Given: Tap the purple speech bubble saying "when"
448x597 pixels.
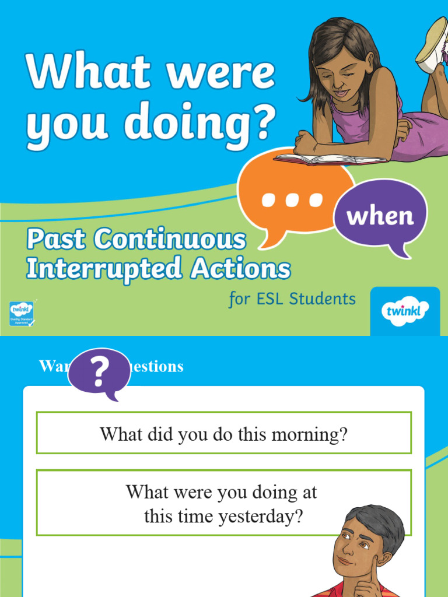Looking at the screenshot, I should click(380, 216).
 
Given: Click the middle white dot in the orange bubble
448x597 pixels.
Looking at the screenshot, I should click(292, 200).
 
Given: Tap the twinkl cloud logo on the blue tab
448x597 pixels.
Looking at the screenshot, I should click(405, 311).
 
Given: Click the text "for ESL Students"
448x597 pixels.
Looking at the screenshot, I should click(292, 299).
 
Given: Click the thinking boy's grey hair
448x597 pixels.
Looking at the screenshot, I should click(379, 522).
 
